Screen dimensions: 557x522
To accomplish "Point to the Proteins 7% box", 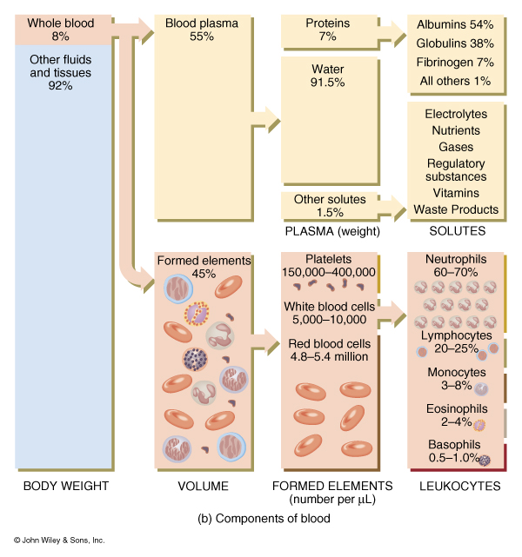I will click(327, 31).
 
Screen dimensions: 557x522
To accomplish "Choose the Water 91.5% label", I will click(327, 75).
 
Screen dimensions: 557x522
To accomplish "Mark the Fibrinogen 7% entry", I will click(455, 63).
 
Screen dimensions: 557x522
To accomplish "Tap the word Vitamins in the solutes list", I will click(456, 193).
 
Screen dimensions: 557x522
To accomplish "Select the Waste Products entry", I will click(456, 209).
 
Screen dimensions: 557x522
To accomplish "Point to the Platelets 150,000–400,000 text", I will click(329, 266).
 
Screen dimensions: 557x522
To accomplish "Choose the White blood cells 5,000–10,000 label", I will click(329, 313).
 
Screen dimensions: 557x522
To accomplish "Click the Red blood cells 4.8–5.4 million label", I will click(329, 350).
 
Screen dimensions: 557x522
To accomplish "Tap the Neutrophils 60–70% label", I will click(455, 266).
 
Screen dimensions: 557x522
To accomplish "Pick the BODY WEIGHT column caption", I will click(66, 487).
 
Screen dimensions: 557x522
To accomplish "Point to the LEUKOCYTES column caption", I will click(458, 487).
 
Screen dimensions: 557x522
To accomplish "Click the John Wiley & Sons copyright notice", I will click(59, 540).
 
